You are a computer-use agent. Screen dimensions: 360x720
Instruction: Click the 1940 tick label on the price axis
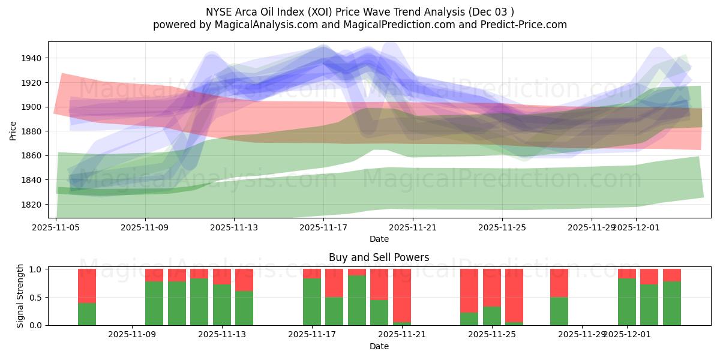point(33,58)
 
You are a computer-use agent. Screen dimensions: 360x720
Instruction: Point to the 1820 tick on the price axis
point(33,205)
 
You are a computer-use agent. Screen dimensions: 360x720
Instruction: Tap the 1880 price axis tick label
point(33,131)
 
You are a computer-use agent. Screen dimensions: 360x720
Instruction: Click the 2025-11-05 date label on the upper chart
point(56,227)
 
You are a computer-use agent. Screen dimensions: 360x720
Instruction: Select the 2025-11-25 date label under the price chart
point(502,227)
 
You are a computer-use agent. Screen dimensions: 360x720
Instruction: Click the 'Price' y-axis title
point(13,130)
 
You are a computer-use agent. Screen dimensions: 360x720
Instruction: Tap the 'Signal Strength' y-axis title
point(20,297)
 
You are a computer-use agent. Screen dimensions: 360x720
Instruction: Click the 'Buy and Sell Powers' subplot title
point(379,258)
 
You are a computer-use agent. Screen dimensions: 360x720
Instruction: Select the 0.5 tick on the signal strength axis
point(35,297)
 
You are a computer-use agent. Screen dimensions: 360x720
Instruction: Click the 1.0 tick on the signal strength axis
point(35,269)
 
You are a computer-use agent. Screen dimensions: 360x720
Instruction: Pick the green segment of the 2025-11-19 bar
point(357,300)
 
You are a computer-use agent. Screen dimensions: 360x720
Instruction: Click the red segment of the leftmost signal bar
point(87,286)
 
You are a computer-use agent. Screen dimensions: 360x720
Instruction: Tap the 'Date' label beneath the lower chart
point(379,346)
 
